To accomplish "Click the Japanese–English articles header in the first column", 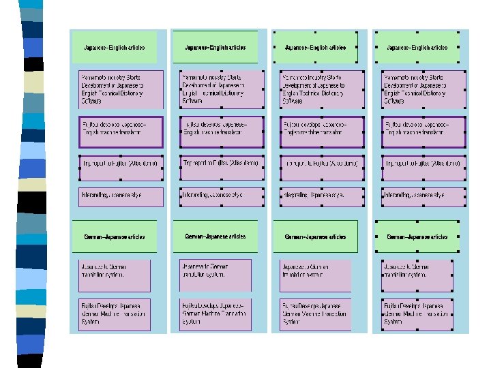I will coord(115,48).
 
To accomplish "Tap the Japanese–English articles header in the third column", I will coord(315,48).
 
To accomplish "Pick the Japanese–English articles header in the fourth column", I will coord(417,48).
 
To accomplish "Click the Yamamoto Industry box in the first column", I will coord(121,89).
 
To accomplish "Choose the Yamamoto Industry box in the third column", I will coord(322,89).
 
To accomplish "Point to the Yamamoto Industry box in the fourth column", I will coord(423,89).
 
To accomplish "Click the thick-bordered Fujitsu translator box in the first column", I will coord(121,132).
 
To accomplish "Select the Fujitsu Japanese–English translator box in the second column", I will coord(222,132).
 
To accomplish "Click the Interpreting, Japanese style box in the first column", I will coord(121,196).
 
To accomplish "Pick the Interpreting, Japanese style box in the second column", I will coord(222,196).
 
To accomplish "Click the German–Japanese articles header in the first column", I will coord(115,236).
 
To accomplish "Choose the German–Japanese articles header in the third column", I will coord(315,236).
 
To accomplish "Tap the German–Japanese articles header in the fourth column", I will coord(417,236).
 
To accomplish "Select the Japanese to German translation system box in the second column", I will coord(215,274).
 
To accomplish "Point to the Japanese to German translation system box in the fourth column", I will coord(417,274).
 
